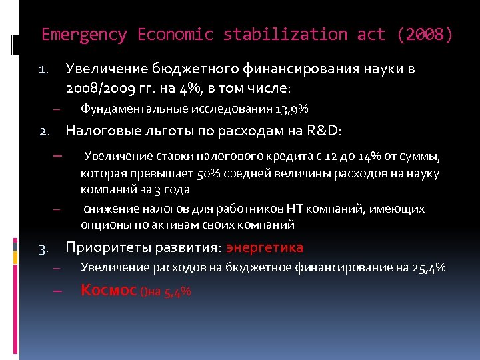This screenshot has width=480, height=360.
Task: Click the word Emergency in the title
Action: click(85, 35)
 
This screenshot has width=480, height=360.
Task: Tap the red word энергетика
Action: click(265, 248)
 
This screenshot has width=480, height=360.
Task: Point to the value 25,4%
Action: click(429, 268)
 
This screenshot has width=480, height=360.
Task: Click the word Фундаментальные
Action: click(134, 109)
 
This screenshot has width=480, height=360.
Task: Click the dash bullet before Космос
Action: click(57, 291)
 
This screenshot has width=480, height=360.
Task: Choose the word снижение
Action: click(109, 209)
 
